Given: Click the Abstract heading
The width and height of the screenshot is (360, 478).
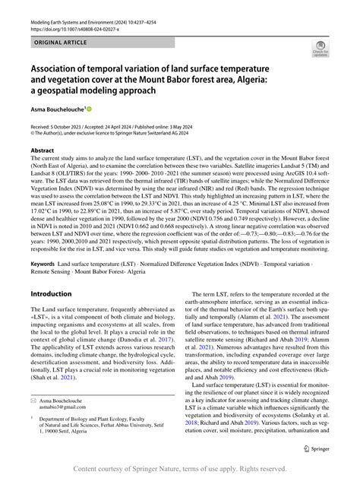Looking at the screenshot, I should [x=43, y=150].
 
